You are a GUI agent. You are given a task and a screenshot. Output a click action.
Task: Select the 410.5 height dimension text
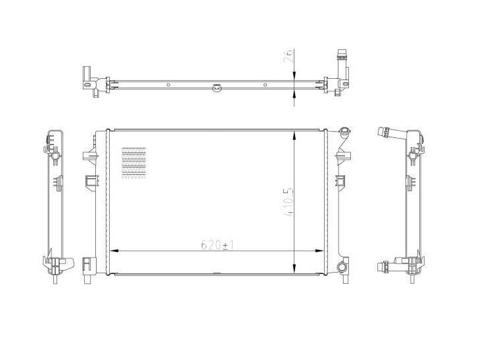[x=287, y=205]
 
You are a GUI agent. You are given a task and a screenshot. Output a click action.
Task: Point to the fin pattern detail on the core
[x=133, y=162]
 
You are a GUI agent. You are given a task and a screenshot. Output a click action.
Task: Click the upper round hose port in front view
[x=344, y=134]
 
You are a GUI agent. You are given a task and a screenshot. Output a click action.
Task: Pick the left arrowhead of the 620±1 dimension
[x=112, y=250]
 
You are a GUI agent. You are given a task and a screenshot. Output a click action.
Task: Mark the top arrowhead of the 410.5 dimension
[x=294, y=133]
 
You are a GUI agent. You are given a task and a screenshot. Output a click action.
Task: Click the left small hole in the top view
[x=168, y=85]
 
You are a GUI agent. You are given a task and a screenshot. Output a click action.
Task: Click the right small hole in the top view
[x=265, y=85]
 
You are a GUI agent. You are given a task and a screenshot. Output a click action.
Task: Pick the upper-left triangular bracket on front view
[x=87, y=158]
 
